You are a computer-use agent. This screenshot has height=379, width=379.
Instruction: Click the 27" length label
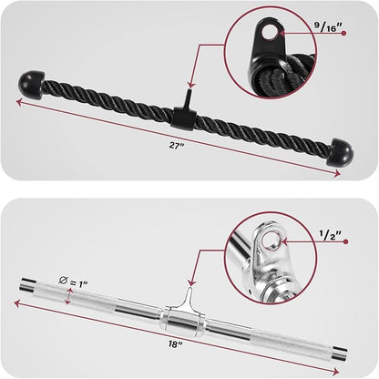tap(177, 145)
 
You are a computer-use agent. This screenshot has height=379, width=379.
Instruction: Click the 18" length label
tap(176, 344)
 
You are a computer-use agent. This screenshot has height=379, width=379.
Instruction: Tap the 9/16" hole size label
tap(328, 27)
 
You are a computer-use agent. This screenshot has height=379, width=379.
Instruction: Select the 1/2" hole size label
tap(331, 235)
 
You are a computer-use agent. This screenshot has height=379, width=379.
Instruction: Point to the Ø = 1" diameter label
tap(73, 282)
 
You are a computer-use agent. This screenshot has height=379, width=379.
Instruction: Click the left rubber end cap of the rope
tap(30, 84)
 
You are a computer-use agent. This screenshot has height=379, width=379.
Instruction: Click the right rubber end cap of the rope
tap(340, 152)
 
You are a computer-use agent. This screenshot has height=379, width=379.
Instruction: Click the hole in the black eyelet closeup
tap(269, 32)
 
